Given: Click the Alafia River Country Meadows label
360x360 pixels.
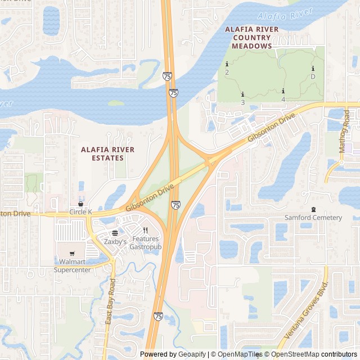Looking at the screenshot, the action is click(x=248, y=37).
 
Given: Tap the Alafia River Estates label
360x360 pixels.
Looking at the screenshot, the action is click(x=108, y=154).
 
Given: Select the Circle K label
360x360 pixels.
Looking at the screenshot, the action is click(x=80, y=211).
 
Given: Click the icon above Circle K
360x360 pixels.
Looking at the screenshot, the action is click(x=80, y=204).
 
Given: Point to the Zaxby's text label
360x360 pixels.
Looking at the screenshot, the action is click(x=115, y=241).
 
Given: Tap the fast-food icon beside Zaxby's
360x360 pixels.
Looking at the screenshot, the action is click(x=115, y=233).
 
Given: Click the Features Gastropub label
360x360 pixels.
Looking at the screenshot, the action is click(x=145, y=243).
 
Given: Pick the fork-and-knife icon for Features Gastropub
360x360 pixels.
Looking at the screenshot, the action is click(x=145, y=230).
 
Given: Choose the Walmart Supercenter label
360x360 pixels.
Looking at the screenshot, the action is click(x=72, y=265).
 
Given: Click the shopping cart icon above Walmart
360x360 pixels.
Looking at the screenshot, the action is click(x=72, y=253).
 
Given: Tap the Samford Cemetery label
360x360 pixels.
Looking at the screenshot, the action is click(x=313, y=218).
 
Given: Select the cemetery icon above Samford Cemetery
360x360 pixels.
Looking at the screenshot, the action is click(x=313, y=209).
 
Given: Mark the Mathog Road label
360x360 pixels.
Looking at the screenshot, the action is click(x=344, y=131).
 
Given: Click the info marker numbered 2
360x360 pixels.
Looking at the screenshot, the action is click(x=227, y=64).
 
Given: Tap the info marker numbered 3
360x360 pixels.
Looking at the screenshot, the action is click(x=242, y=94).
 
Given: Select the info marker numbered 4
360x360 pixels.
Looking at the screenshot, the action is click(x=283, y=91).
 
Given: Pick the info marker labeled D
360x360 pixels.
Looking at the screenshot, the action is click(x=313, y=69).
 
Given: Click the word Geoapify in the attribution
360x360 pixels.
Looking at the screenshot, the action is click(x=192, y=354).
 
